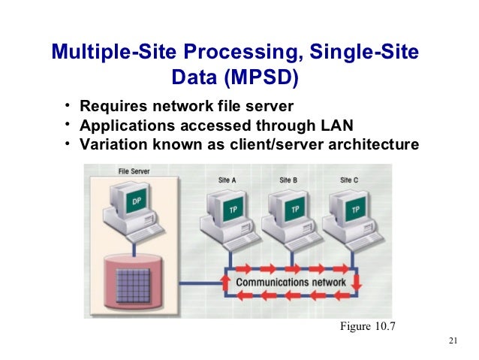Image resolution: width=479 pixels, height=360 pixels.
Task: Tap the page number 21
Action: [x=451, y=342]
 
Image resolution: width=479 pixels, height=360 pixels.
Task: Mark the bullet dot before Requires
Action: [x=67, y=104]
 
